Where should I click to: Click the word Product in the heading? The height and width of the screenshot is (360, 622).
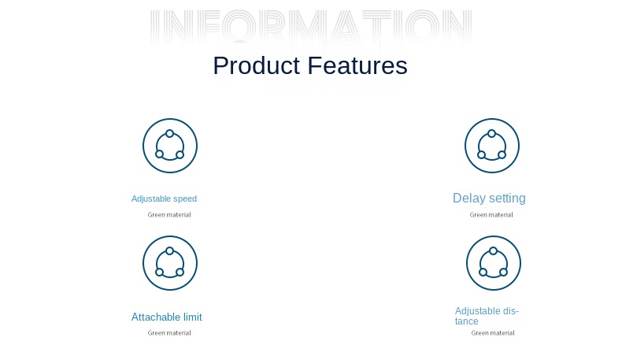click(256, 65)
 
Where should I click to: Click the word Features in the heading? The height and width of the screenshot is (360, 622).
click(357, 65)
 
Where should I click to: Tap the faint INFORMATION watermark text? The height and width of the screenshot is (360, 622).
click(311, 27)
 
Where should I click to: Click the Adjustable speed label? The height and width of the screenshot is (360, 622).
click(164, 199)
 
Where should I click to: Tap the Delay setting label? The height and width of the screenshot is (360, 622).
click(489, 199)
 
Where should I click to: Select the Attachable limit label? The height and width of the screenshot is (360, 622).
click(167, 317)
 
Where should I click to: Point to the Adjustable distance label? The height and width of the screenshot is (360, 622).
click(487, 316)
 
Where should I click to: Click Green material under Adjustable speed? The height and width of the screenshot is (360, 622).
click(169, 215)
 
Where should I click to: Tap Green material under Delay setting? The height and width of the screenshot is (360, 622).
click(491, 215)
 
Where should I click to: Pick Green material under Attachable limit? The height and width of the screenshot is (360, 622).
click(169, 333)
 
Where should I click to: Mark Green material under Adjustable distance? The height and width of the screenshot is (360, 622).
click(493, 333)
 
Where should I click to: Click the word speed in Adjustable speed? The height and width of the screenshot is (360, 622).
click(185, 199)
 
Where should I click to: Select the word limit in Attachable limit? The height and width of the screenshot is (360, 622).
click(192, 317)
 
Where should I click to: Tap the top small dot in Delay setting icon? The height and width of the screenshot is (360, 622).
click(492, 133)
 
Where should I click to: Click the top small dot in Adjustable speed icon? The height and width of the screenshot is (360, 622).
click(170, 133)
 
